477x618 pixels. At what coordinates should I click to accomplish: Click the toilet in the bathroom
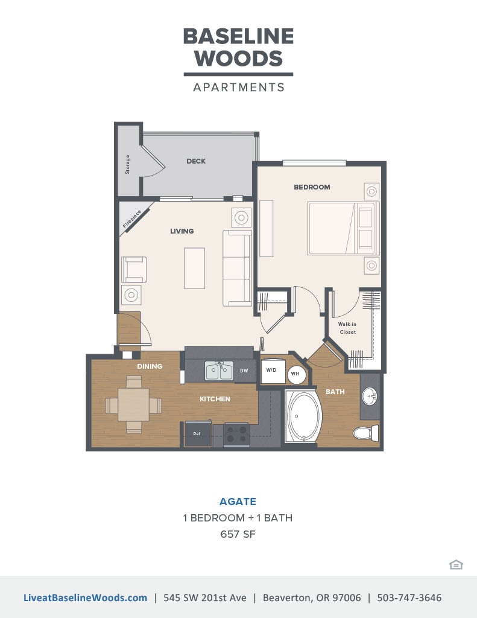click(x=364, y=433)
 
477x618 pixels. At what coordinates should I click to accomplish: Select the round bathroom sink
click(x=370, y=397)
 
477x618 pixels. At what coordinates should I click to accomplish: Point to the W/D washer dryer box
click(x=271, y=371)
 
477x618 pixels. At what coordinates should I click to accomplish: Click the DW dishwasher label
click(x=244, y=371)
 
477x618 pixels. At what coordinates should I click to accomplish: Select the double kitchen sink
click(x=219, y=371)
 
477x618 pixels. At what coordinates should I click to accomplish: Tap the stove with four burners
click(x=236, y=433)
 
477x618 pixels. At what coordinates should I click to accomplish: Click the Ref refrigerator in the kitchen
click(x=197, y=433)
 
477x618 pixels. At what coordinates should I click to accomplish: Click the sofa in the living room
click(x=237, y=267)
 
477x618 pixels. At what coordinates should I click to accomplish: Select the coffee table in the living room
click(x=194, y=267)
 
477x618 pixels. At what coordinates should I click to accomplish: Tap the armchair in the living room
click(x=133, y=270)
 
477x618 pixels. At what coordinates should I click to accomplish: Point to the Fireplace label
click(x=132, y=219)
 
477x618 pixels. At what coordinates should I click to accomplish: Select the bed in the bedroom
click(x=342, y=228)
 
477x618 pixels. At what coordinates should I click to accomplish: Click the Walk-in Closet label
click(x=347, y=328)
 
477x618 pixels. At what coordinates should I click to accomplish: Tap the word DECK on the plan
click(x=196, y=161)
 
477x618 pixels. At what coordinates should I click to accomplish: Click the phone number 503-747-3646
click(x=409, y=598)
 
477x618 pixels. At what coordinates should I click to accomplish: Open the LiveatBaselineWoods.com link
click(x=85, y=598)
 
